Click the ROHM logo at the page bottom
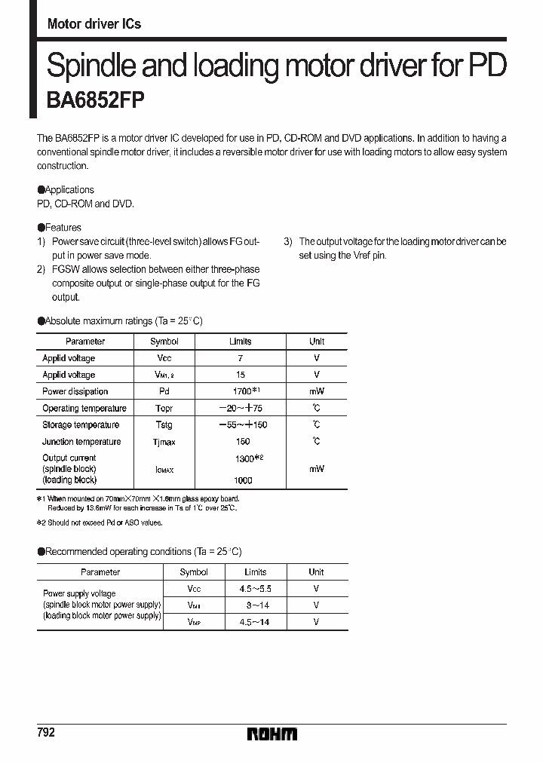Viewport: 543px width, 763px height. [271, 734]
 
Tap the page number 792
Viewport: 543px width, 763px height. [46, 733]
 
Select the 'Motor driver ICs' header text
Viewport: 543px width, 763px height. [94, 24]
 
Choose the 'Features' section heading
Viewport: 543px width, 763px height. [63, 227]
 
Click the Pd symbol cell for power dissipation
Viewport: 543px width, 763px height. [164, 391]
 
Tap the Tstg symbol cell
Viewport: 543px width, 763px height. [164, 425]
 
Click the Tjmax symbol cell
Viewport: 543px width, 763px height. [164, 442]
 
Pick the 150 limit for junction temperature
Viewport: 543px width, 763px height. [242, 442]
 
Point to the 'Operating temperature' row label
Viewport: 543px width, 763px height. [85, 408]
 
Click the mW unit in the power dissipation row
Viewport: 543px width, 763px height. [317, 391]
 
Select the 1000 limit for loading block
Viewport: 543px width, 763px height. [242, 480]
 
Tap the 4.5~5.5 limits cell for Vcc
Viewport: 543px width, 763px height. [256, 588]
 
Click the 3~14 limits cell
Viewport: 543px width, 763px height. [257, 605]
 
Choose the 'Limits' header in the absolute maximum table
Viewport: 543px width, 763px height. [241, 342]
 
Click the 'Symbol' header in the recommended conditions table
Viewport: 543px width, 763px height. [194, 572]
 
